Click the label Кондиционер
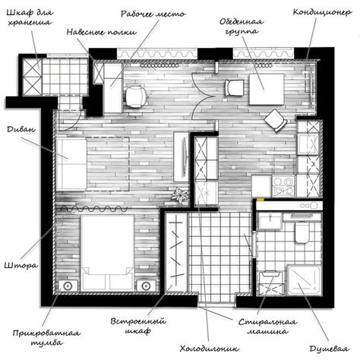click(322, 12)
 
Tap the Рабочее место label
click(153, 14)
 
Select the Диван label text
click(21, 129)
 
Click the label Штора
click(21, 265)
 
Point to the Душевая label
click(329, 349)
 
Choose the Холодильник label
click(209, 349)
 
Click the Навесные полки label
click(102, 32)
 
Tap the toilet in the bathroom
click(302, 232)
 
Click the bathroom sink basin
click(270, 221)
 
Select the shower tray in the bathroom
click(305, 280)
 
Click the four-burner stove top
click(283, 186)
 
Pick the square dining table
click(267, 89)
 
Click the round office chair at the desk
click(136, 96)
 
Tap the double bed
click(107, 252)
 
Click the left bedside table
click(68, 286)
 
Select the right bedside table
click(146, 286)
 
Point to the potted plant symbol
click(180, 195)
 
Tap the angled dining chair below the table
click(276, 120)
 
